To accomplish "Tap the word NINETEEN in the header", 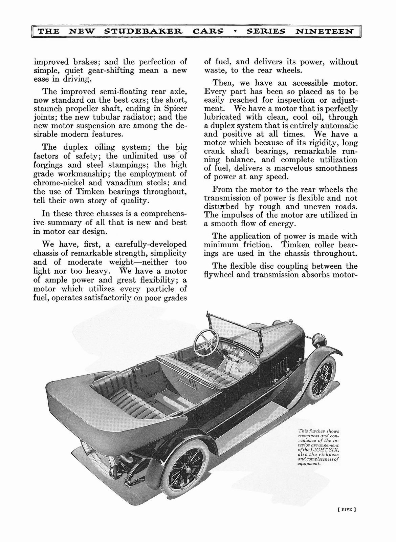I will click(x=325, y=32).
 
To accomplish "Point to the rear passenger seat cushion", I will click(x=135, y=403).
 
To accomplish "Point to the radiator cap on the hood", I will click(x=290, y=320).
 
